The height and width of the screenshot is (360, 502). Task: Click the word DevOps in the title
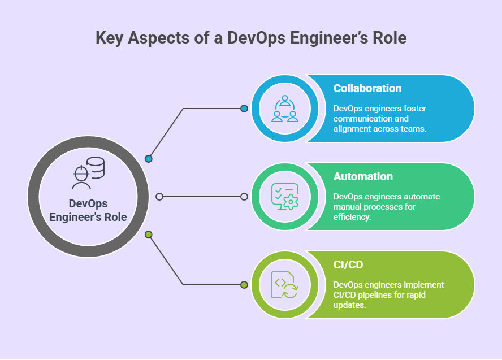(256, 38)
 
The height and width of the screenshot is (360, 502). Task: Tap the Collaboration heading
(367, 88)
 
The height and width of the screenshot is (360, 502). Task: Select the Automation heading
(363, 176)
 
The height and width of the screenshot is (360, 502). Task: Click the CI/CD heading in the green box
(348, 264)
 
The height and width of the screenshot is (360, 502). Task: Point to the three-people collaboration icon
(284, 109)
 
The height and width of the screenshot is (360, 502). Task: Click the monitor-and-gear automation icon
(285, 197)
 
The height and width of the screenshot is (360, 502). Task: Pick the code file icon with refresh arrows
(284, 285)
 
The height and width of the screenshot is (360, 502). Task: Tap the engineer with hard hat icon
(88, 173)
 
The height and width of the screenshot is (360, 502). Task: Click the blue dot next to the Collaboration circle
(244, 109)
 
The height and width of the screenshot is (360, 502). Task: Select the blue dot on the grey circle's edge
(148, 159)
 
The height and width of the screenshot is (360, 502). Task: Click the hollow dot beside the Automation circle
(244, 197)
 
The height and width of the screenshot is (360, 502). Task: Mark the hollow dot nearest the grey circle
(159, 197)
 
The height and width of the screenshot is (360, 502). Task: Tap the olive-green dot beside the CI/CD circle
(244, 285)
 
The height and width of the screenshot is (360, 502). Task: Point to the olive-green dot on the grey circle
(148, 235)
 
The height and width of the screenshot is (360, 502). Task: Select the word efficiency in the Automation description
(352, 217)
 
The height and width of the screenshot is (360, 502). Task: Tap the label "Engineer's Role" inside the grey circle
(88, 217)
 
